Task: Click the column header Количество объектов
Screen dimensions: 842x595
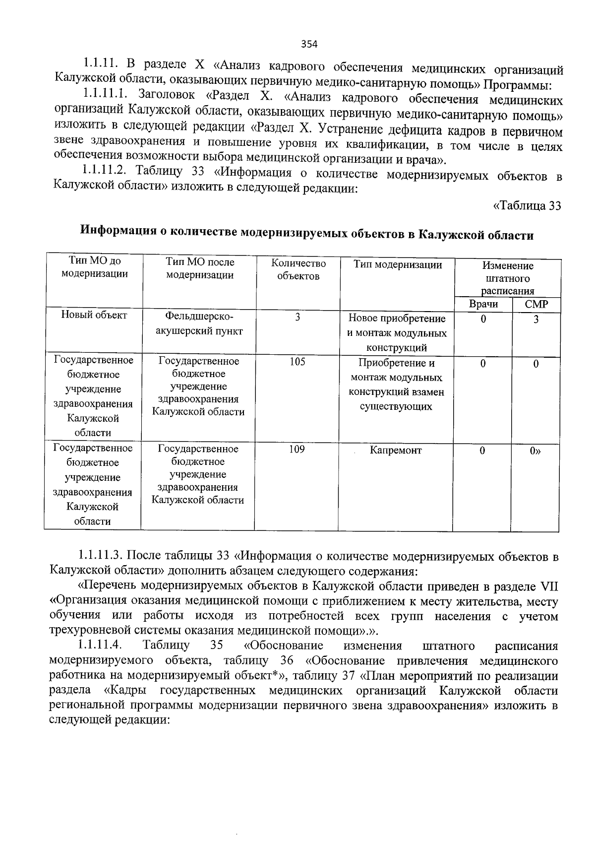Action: pos(298,270)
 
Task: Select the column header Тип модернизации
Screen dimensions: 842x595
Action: pos(398,265)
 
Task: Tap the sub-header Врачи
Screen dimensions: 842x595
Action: pos(483,304)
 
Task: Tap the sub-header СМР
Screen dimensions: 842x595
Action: pos(536,305)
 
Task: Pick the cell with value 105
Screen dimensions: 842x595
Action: pos(297,362)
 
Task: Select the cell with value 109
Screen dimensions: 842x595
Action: pos(297,449)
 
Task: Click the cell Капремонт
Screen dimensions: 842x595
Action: pos(395,451)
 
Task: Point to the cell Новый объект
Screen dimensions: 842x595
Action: pos(94,315)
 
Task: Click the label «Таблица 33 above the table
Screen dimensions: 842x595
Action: pos(527,206)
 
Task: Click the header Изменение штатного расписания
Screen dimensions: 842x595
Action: pos(508,278)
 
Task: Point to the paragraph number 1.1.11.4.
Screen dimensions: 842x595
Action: pos(100,646)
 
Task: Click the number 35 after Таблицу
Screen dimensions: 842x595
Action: pos(216,646)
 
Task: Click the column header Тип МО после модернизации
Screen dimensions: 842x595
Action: pos(200,268)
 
